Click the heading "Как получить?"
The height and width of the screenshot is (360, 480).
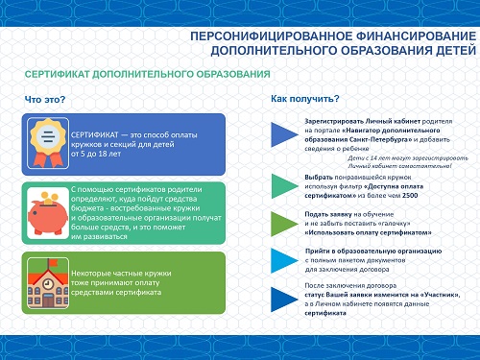[305, 99]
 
